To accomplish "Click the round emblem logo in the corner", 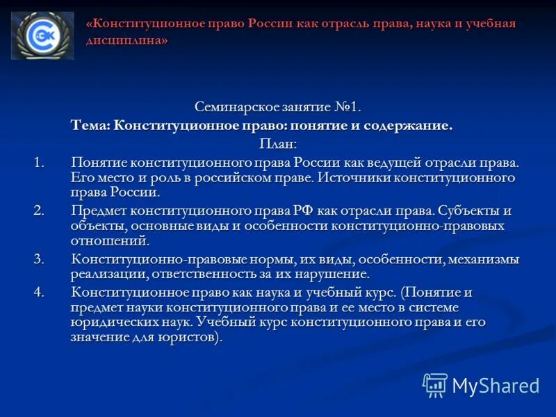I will click(42, 35).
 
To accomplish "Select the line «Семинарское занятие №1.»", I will click(278, 107).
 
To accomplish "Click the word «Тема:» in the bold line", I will click(90, 126).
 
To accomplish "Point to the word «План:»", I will click(277, 144).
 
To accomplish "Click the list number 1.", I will click(39, 162).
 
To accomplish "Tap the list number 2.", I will click(39, 211).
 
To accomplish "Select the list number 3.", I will click(39, 259).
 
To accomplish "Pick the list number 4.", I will click(39, 292).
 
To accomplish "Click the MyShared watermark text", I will click(496, 385).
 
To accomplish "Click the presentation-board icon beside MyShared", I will click(435, 385).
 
